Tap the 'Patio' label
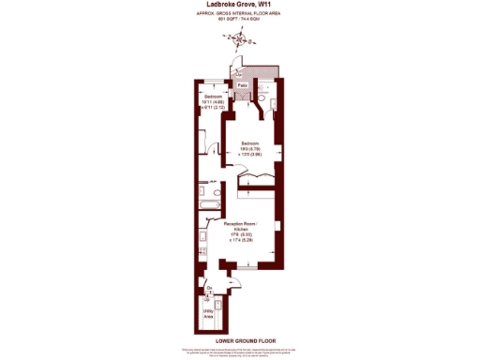(x=242, y=85)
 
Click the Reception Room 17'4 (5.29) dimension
(x=240, y=242)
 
